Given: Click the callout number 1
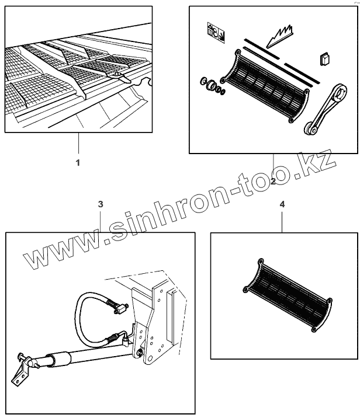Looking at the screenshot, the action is (x=78, y=163).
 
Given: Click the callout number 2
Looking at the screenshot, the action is (x=273, y=182).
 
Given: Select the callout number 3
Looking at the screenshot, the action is (x=101, y=204).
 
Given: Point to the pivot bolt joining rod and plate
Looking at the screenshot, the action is (x=141, y=353).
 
